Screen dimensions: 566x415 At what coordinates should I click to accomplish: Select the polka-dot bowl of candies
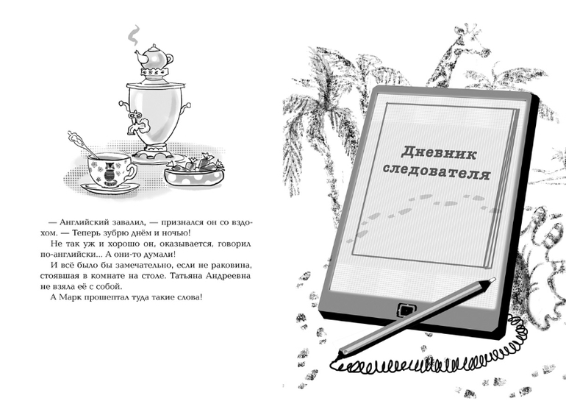[x=194, y=171]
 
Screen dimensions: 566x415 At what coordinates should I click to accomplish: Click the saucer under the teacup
[x=110, y=188]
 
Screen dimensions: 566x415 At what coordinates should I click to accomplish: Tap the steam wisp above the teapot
[x=134, y=35]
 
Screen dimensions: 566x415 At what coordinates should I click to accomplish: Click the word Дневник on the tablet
[x=439, y=153]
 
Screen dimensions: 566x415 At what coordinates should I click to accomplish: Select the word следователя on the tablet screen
[x=437, y=172]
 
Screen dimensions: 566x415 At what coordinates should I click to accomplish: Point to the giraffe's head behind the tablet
[x=472, y=32]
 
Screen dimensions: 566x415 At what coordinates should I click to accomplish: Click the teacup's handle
[x=131, y=173]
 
